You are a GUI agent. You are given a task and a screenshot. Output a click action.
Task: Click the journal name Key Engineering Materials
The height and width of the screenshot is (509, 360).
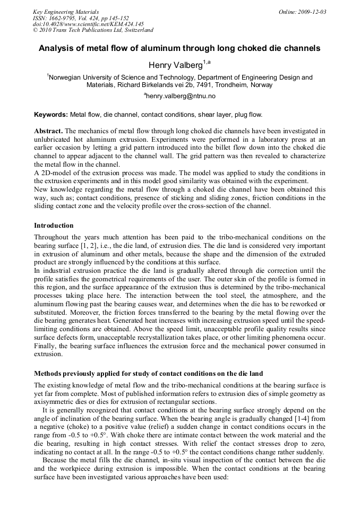(66, 12)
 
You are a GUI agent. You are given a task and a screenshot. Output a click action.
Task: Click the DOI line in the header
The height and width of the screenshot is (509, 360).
(88, 24)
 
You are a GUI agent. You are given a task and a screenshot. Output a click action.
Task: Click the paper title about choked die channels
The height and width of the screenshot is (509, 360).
(179, 48)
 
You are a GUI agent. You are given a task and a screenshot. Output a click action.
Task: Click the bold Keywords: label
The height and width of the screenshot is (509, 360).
(51, 115)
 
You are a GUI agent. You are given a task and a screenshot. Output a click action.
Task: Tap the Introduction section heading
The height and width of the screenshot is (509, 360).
(54, 226)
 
